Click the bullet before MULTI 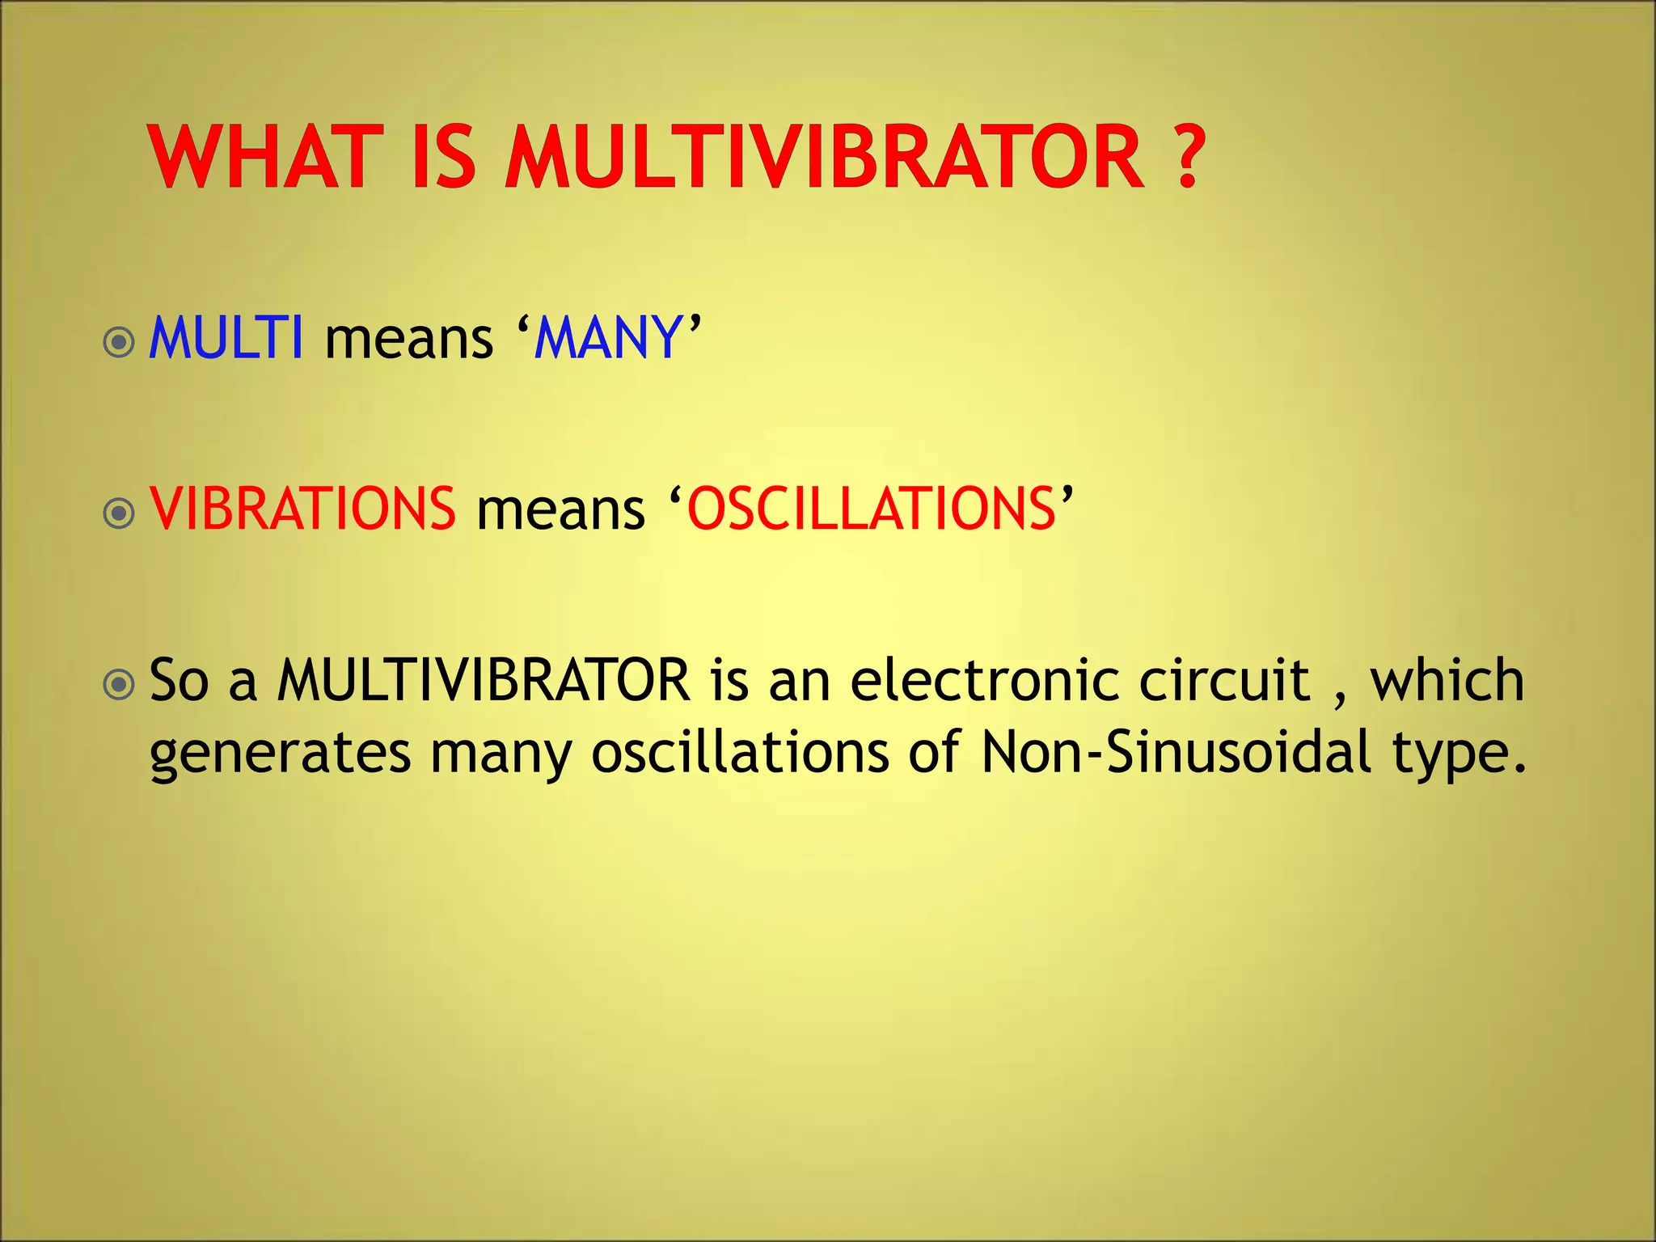point(120,342)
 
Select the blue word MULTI point(226,337)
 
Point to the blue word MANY point(608,337)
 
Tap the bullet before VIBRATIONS point(120,513)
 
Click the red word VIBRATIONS point(302,509)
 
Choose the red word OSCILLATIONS point(872,509)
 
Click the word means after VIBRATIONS point(560,511)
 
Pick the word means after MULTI point(408,340)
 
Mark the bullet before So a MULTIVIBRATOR point(120,685)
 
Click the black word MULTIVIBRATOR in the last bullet point(484,680)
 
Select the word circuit point(1224,680)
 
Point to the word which point(1447,680)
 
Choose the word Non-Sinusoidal point(1176,752)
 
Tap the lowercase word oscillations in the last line point(740,752)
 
